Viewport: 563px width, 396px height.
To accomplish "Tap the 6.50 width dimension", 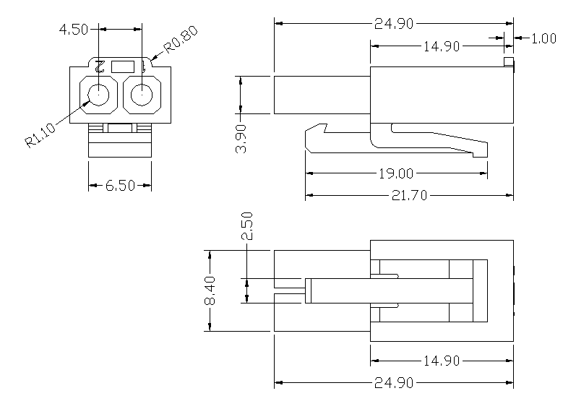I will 120,186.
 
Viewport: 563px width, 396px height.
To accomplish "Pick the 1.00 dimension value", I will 543,38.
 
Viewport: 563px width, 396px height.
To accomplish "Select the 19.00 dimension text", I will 394,173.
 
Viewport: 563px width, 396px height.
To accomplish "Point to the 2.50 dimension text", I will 247,226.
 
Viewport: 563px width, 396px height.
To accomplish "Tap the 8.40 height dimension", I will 210,291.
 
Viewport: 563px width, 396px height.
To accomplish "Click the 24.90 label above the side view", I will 394,24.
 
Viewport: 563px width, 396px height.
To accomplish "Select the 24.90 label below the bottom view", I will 394,382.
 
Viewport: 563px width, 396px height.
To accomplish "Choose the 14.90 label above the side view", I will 442,46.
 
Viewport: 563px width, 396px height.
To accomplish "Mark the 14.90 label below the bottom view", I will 442,361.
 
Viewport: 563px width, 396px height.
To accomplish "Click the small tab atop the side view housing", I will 509,63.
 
